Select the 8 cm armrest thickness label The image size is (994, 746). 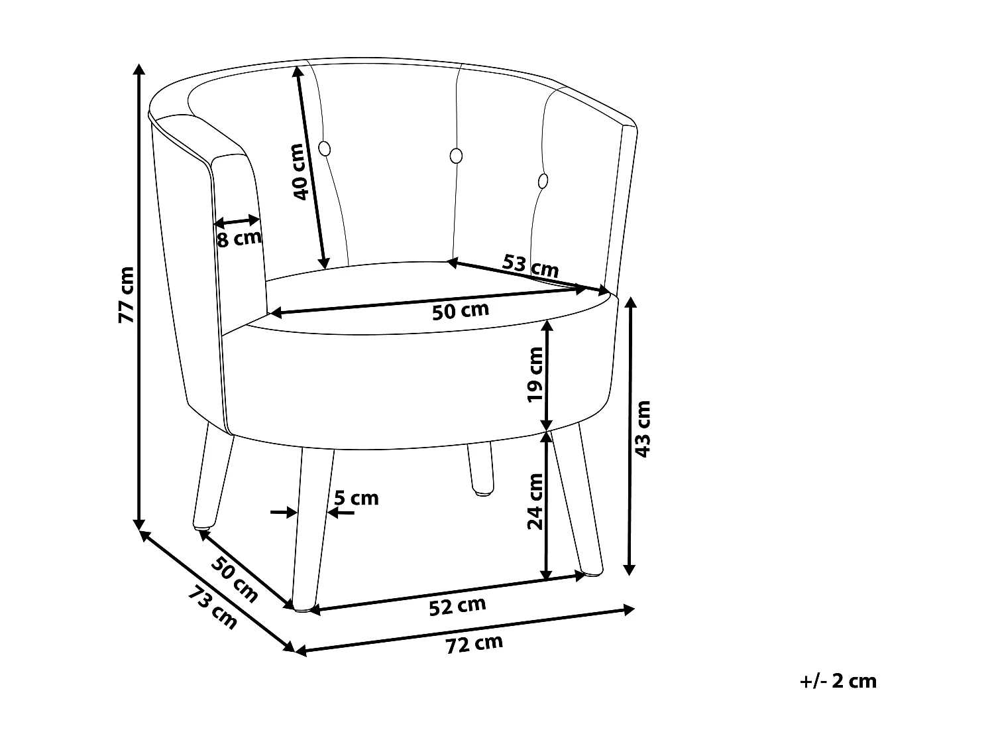pos(239,238)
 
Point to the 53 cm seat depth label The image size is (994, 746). pos(530,266)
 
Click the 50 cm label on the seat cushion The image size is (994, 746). pos(460,310)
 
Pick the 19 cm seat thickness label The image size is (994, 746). pos(535,374)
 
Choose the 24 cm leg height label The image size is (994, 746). pos(535,501)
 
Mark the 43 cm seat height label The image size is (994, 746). pos(643,428)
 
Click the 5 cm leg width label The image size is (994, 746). pos(357,497)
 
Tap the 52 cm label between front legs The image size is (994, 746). pos(457,605)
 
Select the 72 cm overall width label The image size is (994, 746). pos(474,643)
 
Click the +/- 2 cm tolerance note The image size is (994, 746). pos(838,681)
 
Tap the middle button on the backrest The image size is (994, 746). pos(456,156)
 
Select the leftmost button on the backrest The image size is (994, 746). pos(325,149)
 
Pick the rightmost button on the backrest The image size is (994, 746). pos(543,180)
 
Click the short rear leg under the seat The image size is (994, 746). pos(480,469)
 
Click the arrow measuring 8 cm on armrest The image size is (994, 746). pos(237,221)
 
